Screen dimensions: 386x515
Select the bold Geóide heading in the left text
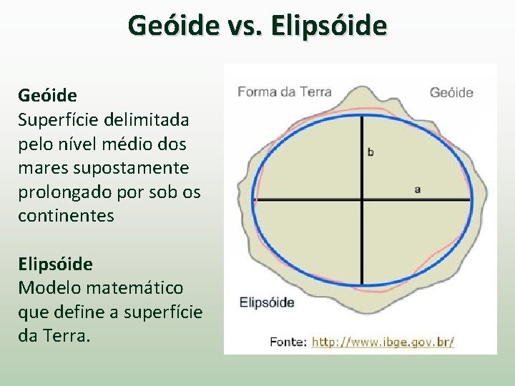(x=47, y=95)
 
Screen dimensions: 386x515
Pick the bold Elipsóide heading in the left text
(x=55, y=264)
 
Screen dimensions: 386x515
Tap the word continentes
(x=66, y=216)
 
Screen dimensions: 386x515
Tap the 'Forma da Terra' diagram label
(x=284, y=91)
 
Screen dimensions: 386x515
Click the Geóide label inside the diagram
(x=451, y=92)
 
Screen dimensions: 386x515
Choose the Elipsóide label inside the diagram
(x=266, y=302)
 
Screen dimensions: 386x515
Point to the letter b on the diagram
(x=371, y=152)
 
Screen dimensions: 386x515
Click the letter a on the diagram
(x=417, y=189)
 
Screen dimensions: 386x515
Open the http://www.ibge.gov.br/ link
(x=383, y=342)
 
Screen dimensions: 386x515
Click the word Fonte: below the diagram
(x=288, y=342)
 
